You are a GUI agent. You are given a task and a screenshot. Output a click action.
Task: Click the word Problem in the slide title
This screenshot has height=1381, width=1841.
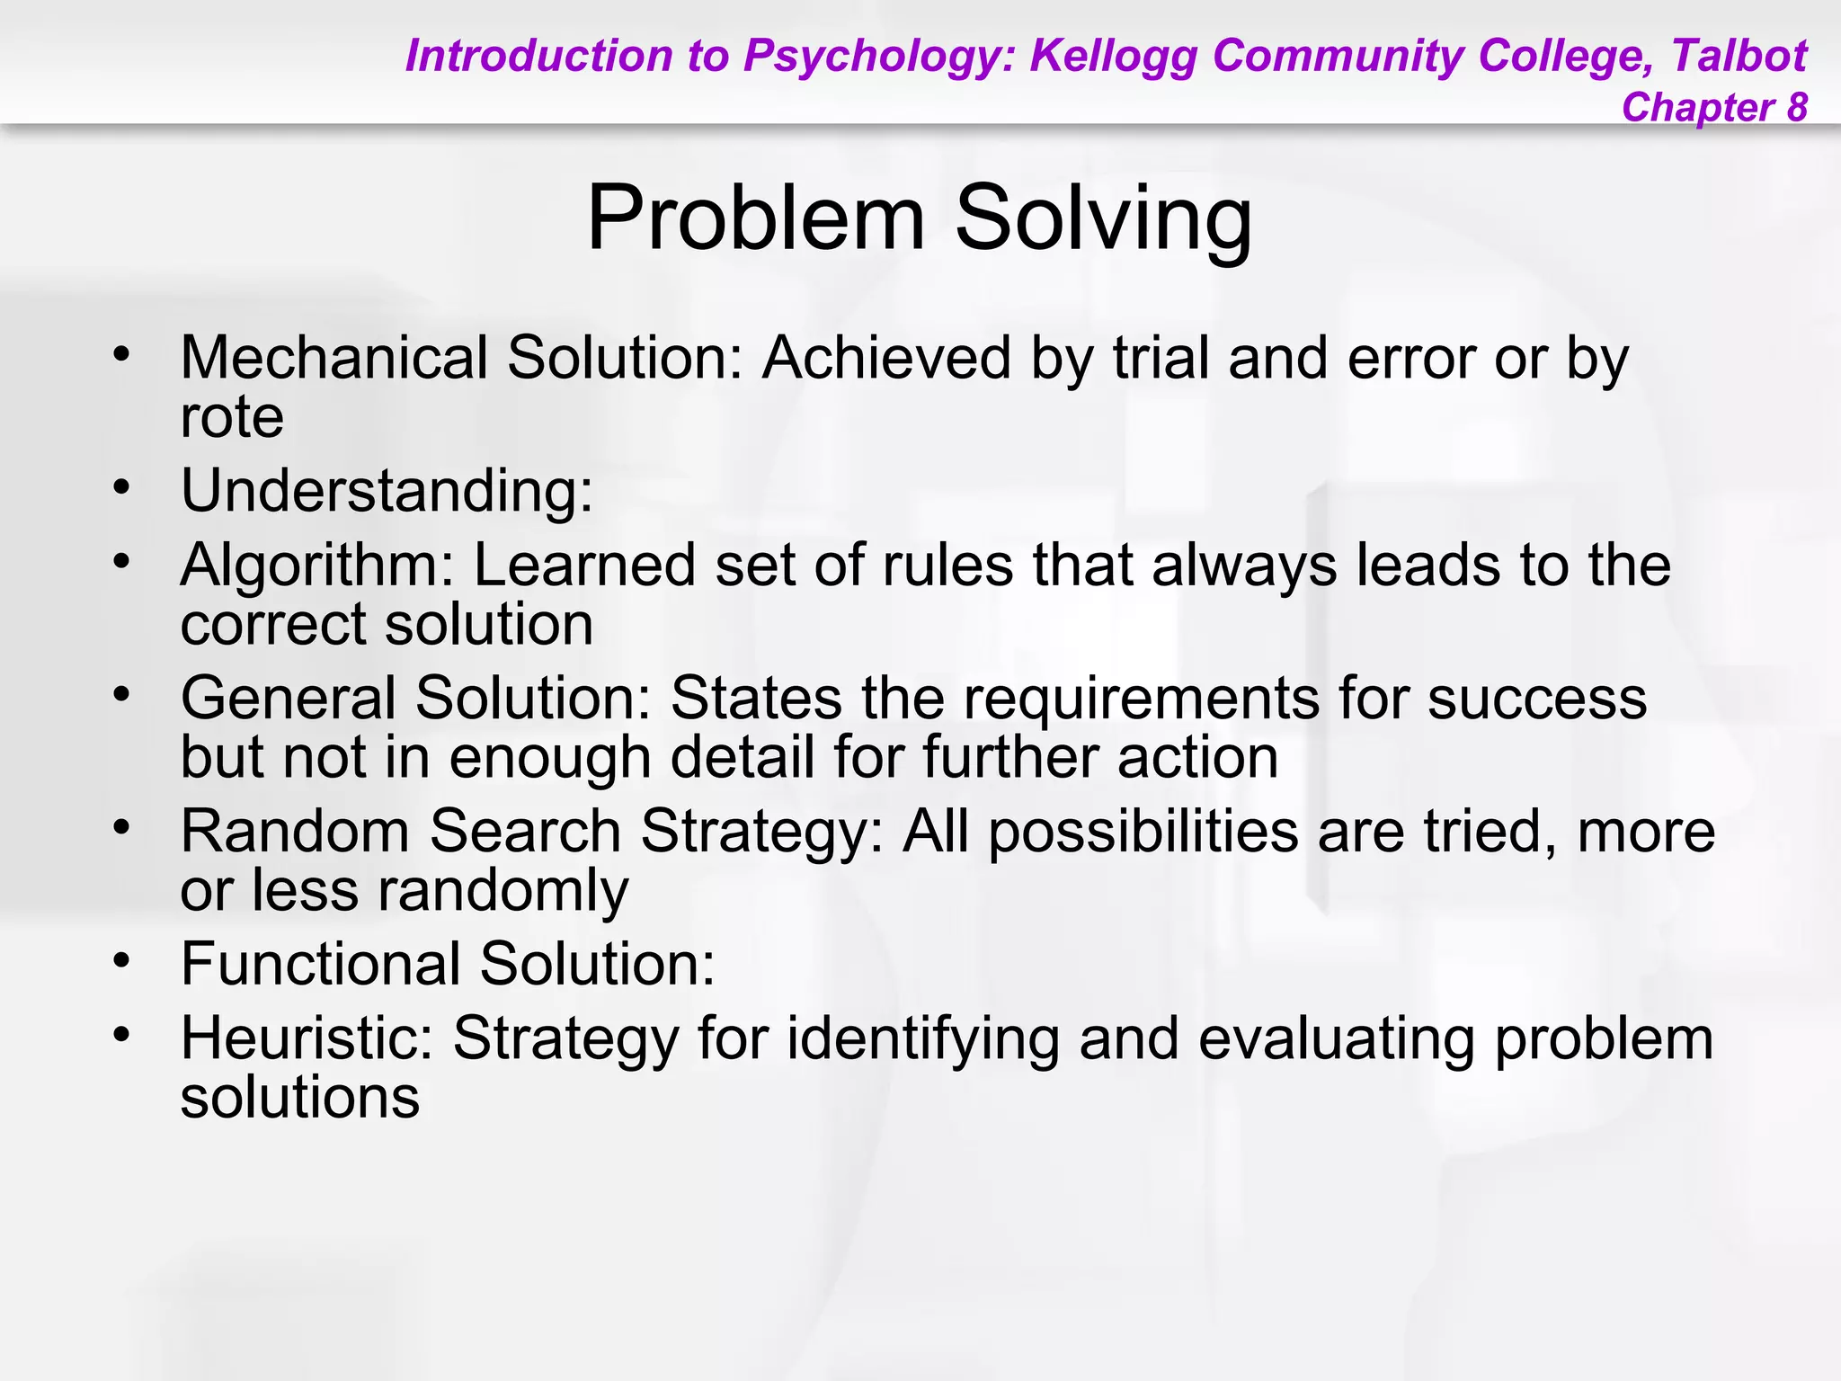pos(755,218)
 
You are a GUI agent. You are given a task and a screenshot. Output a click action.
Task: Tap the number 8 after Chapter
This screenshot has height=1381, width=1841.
pos(1796,107)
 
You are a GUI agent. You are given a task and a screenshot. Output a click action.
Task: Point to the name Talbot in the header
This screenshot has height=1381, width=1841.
pos(1739,56)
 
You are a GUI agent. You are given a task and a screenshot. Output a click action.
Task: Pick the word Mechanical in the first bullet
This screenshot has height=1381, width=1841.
pos(334,358)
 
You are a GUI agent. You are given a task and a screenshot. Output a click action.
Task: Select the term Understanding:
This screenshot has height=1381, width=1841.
pos(387,491)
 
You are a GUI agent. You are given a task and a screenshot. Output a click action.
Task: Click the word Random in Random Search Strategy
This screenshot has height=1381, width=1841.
pos(295,830)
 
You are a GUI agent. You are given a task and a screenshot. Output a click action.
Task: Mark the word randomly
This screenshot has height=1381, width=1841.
pos(502,890)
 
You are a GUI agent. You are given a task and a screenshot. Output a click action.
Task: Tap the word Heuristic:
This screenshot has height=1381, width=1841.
pos(307,1038)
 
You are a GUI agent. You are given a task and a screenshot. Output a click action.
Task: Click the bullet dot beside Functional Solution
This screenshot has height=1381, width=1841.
pos(122,959)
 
